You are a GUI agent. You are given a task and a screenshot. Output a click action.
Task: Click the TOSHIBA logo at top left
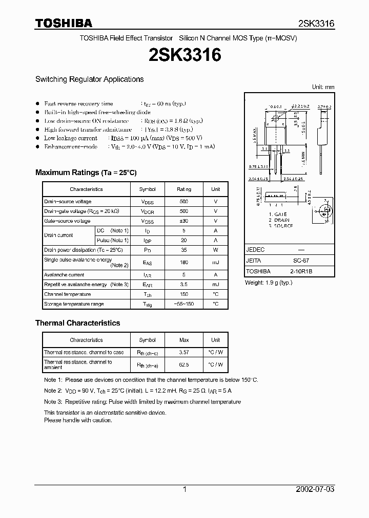pyautogui.click(x=64, y=23)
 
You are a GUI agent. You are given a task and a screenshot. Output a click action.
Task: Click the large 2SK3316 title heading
pyautogui.click(x=184, y=55)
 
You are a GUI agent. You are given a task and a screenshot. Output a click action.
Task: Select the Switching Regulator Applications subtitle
pyautogui.click(x=89, y=79)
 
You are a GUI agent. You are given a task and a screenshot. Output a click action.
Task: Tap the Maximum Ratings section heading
pyautogui.click(x=86, y=172)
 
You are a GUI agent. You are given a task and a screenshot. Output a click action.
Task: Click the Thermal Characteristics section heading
pyautogui.click(x=77, y=323)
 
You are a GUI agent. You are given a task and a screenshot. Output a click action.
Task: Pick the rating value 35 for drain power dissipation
pyautogui.click(x=184, y=250)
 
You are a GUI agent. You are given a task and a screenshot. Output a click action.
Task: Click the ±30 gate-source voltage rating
pyautogui.click(x=184, y=221)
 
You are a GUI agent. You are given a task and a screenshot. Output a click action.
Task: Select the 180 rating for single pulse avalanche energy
pyautogui.click(x=184, y=263)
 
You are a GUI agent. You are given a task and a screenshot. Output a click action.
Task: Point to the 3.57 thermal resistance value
pyautogui.click(x=184, y=352)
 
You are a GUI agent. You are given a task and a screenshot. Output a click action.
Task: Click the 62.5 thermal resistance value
pyautogui.click(x=184, y=364)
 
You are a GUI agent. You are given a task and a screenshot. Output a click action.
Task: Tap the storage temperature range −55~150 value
pyautogui.click(x=184, y=304)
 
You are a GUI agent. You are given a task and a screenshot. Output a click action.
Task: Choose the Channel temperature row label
pyautogui.click(x=67, y=294)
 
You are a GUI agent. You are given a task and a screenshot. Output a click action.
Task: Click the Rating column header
pyautogui.click(x=184, y=189)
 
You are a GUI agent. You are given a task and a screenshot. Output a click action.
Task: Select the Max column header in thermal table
pyautogui.click(x=184, y=340)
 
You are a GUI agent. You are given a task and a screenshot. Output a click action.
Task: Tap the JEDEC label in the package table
pyautogui.click(x=255, y=249)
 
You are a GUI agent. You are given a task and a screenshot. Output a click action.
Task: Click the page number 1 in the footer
pyautogui.click(x=184, y=489)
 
